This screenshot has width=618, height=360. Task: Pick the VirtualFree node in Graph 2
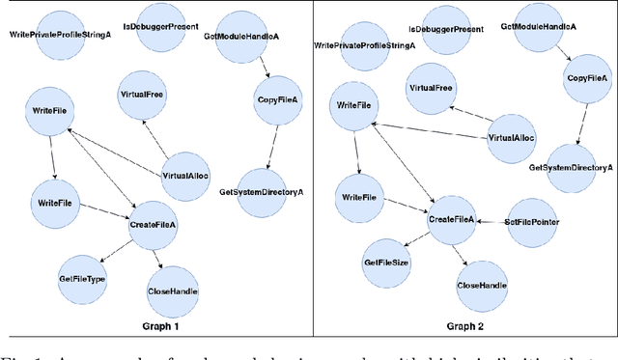tap(430, 88)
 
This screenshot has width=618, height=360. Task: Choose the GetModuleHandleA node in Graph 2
tap(539, 27)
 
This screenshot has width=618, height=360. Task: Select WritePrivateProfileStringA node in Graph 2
tap(365, 44)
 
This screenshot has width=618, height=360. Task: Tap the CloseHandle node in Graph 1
tap(173, 291)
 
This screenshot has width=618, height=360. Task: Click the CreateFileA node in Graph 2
tap(452, 220)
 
